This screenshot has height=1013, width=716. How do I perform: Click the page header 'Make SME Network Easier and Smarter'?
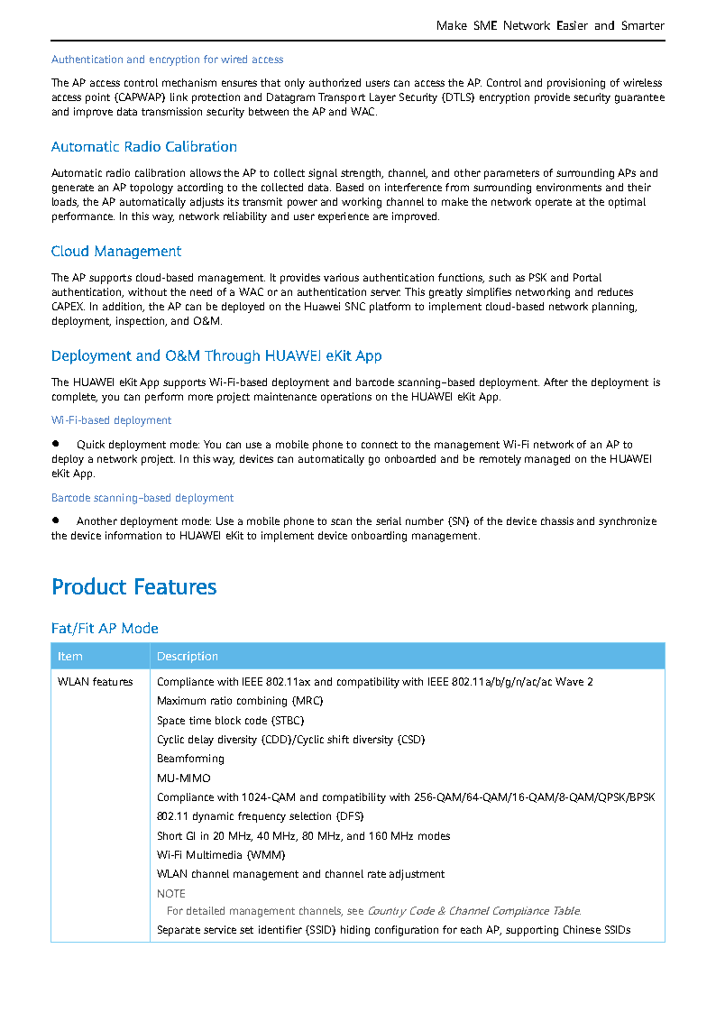[550, 26]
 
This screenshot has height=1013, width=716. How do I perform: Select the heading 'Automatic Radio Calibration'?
[144, 147]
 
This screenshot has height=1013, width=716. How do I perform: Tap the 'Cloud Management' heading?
[116, 252]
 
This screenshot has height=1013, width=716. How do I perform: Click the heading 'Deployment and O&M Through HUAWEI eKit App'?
[216, 356]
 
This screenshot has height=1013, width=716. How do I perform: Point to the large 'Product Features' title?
[134, 587]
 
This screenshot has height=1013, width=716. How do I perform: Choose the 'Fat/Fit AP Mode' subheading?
[105, 629]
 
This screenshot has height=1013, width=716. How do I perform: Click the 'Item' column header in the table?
[70, 657]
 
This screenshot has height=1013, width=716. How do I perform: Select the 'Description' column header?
[188, 657]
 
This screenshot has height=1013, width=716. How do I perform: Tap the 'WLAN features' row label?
[96, 682]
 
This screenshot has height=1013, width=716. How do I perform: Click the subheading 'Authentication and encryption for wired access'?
[168, 60]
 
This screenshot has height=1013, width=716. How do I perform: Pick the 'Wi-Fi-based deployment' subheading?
[112, 420]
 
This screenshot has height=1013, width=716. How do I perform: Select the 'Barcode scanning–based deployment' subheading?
[142, 498]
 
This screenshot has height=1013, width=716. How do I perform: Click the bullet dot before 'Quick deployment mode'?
[56, 444]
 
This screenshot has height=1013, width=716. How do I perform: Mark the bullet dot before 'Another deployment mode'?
[56, 520]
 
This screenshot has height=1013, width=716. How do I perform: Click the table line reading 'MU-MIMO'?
[184, 778]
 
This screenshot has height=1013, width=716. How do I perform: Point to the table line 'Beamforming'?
[190, 759]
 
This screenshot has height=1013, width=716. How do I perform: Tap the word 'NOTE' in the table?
[171, 894]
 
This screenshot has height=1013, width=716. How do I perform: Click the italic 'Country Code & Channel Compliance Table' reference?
[473, 911]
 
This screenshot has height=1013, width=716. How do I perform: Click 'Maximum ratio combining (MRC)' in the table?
[240, 701]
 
